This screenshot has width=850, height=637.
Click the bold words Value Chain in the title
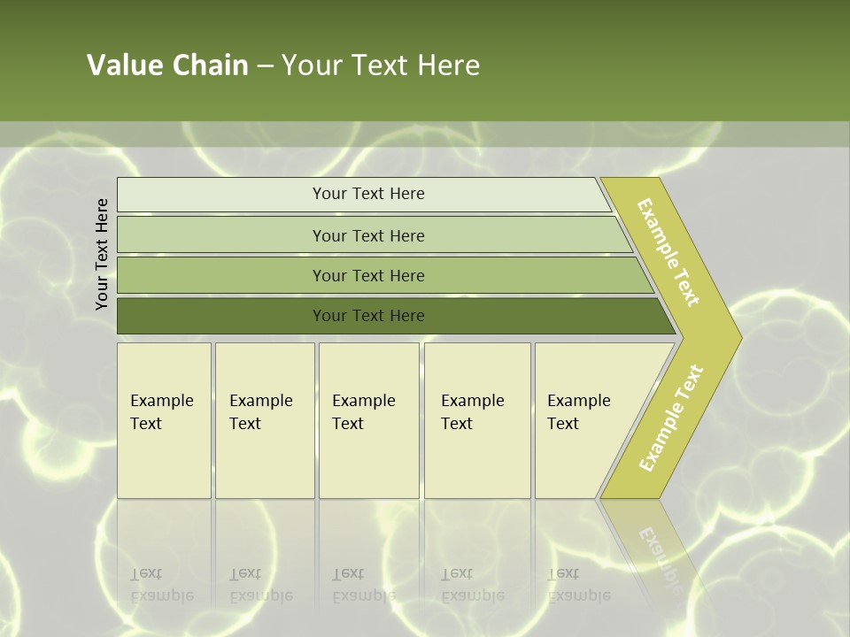click(x=167, y=65)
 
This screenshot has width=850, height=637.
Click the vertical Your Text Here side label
click(x=102, y=254)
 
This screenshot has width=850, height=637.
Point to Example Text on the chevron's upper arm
click(x=668, y=252)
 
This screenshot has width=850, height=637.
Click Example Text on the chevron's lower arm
click(x=671, y=418)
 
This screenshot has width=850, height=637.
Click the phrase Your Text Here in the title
click(x=381, y=65)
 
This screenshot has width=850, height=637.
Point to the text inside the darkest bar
click(x=368, y=316)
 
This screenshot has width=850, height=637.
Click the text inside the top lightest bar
click(x=368, y=194)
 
